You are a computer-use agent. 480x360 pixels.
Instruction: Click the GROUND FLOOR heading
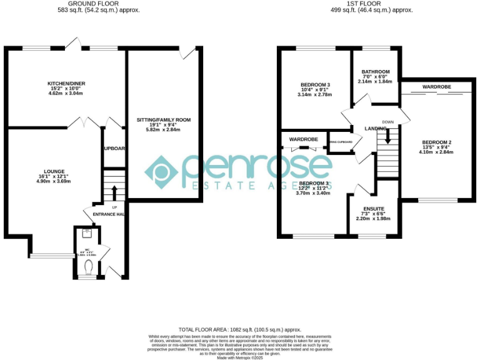point(99,4)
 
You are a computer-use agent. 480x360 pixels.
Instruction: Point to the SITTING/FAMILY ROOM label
point(164,119)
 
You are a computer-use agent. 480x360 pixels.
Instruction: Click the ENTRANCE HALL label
point(108,214)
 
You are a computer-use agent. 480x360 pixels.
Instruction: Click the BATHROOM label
point(376,72)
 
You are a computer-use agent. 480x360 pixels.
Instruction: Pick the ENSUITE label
point(373,208)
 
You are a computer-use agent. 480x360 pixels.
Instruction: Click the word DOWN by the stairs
point(388,122)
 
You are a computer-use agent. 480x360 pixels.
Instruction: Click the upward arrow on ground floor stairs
point(114,190)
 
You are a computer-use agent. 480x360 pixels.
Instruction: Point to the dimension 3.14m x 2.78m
point(315,95)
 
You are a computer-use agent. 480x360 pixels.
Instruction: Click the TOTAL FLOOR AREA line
point(240,329)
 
